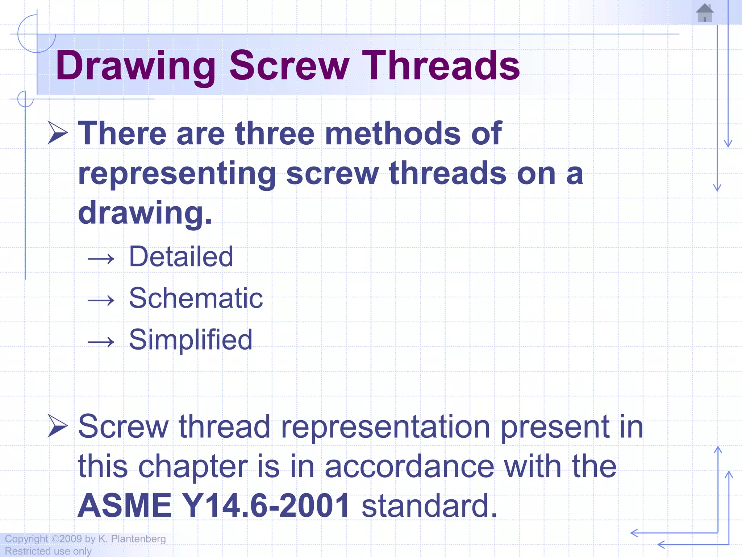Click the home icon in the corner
click(705, 13)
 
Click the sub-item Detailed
click(181, 257)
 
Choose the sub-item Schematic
click(196, 298)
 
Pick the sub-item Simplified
click(191, 340)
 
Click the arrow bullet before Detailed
click(101, 259)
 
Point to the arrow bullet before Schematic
click(101, 300)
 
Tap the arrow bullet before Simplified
click(101, 342)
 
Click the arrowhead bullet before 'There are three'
click(58, 133)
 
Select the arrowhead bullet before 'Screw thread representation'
click(58, 426)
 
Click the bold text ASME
click(125, 506)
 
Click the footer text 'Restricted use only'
click(48, 551)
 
